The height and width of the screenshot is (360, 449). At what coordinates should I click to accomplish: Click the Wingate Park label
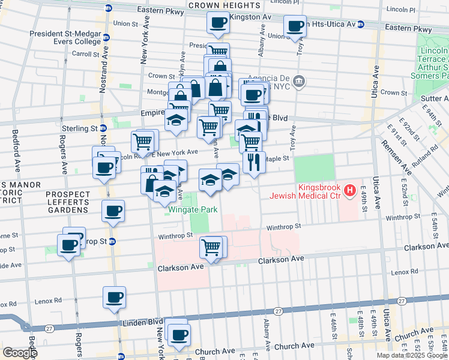tap(193, 209)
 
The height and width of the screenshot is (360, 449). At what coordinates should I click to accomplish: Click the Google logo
tap(20, 353)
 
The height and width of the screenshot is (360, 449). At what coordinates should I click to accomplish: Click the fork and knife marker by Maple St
tap(254, 161)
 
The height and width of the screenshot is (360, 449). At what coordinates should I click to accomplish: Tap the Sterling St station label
tap(80, 128)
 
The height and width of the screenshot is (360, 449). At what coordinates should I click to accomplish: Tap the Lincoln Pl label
tap(401, 10)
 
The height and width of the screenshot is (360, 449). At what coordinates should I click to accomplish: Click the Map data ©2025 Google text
tap(411, 355)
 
